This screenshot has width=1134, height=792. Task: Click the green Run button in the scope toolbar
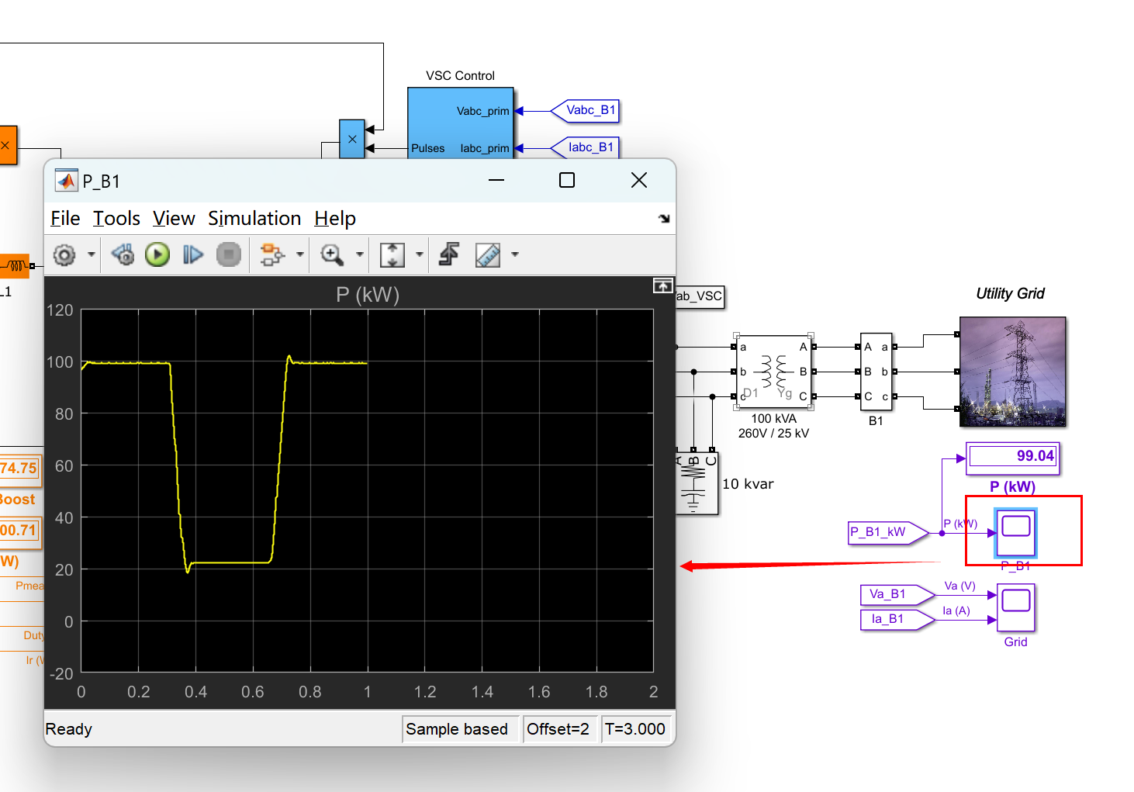pos(157,254)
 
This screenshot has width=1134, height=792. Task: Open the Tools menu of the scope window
pos(116,219)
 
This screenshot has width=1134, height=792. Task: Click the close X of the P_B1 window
pos(639,181)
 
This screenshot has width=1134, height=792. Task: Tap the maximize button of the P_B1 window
pos(567,181)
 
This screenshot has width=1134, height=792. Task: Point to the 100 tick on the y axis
pos(60,362)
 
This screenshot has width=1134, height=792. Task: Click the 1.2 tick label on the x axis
pos(424,692)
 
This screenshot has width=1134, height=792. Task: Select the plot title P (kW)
pos(368,295)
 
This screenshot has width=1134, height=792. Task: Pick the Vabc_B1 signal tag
pos(587,111)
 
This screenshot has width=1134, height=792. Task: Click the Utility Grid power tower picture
pos(1012,372)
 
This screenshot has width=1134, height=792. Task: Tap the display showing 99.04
pos(1012,456)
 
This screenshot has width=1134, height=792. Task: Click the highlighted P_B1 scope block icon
pos(1016,531)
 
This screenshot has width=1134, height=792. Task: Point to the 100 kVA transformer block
pos(773,372)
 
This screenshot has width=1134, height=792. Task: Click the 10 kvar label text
pos(748,484)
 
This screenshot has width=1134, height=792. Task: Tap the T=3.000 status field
pos(634,729)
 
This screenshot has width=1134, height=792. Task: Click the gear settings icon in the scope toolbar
pos(64,254)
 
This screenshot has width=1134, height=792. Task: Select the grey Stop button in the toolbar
pos(229,254)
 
